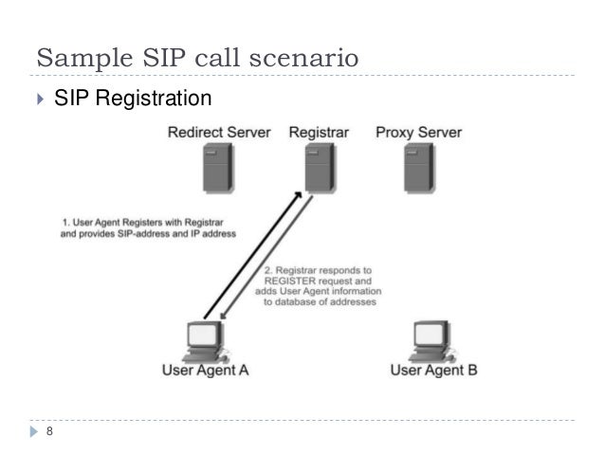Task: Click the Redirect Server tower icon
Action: click(x=217, y=170)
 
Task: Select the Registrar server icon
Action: click(x=318, y=170)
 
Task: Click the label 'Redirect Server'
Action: click(x=219, y=132)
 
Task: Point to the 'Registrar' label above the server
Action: click(x=318, y=132)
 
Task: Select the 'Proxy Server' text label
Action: click(x=418, y=132)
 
